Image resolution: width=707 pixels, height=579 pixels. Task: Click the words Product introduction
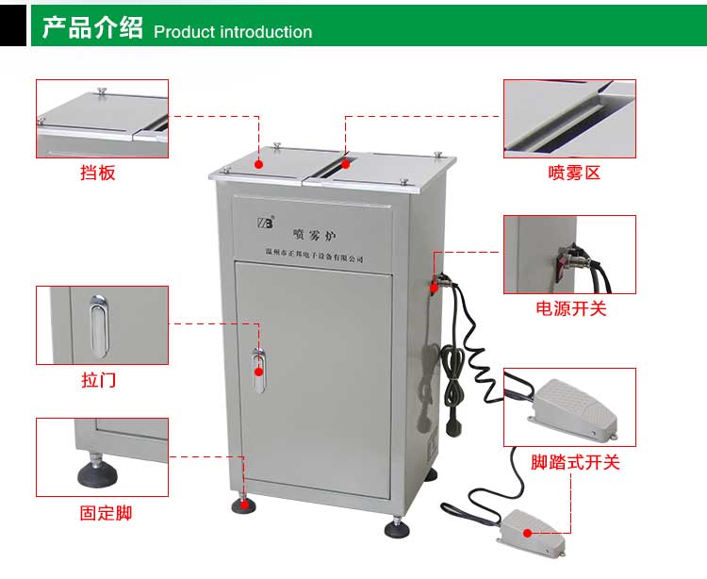[x=232, y=32]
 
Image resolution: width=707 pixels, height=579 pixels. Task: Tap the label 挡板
[x=98, y=173]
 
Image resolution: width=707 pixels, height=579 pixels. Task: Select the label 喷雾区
[x=574, y=173]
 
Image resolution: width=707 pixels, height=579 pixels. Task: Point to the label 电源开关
[x=571, y=308]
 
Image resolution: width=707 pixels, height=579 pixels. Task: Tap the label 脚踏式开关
[x=575, y=462]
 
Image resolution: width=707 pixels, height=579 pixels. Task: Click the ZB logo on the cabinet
[x=265, y=223]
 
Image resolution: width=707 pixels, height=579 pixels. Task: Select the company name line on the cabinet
[x=314, y=256]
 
